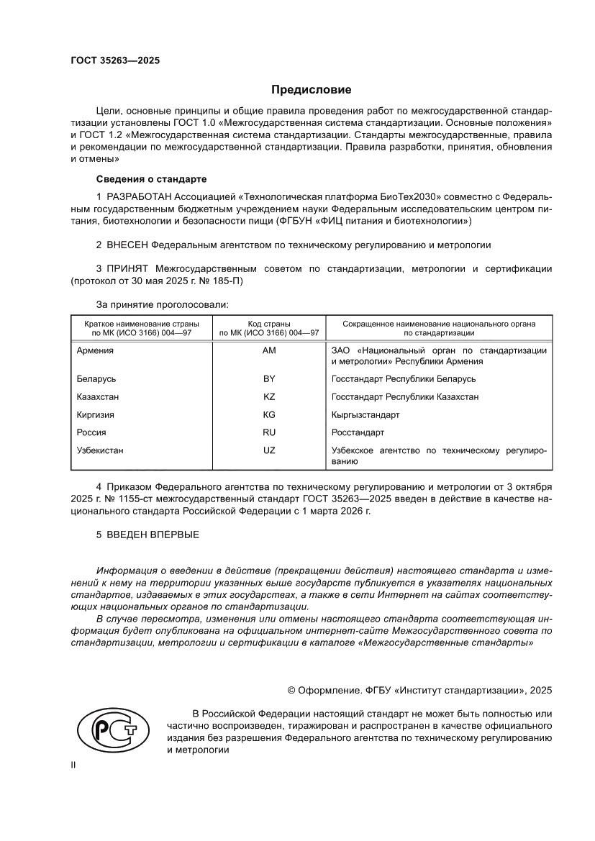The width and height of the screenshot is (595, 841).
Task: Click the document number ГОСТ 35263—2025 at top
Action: click(114, 60)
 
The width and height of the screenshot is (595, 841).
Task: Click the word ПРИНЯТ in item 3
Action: click(130, 268)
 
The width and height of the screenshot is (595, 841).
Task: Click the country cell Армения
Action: click(95, 350)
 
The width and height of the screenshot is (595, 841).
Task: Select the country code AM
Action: click(270, 350)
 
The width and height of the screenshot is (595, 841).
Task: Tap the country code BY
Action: click(270, 378)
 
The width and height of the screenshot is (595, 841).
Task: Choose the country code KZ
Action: click(270, 396)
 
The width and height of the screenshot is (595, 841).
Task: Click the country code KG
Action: click(270, 415)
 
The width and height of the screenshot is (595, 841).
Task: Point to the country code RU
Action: click(270, 432)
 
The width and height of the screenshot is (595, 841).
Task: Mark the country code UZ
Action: click(270, 450)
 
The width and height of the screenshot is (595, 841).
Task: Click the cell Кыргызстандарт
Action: click(365, 415)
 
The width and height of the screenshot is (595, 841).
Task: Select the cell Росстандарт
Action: click(358, 432)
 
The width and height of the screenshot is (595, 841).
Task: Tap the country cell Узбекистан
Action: click(99, 450)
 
